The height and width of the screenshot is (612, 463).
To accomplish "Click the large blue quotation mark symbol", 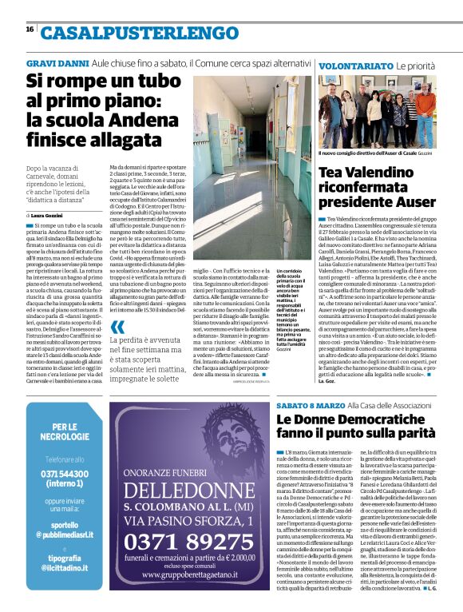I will click(117, 327).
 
